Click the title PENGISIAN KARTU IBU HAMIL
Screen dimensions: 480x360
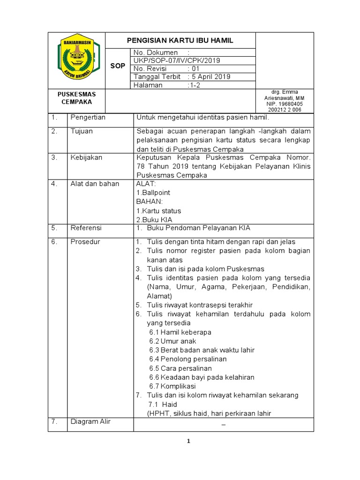coord(180,41)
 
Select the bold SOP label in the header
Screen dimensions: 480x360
coord(118,66)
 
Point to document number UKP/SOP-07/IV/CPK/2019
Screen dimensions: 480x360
coord(177,60)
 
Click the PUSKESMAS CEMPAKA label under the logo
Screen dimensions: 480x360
coord(76,98)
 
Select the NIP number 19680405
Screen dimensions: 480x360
coord(285,104)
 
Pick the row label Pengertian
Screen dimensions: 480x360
coord(88,117)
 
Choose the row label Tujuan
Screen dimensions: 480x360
coord(82,131)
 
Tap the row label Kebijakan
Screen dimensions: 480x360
coord(86,157)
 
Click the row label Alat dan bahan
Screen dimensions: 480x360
coord(95,184)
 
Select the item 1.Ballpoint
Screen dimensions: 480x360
coord(153,193)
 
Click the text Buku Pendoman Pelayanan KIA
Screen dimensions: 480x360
coord(199,228)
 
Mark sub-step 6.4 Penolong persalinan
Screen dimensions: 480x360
coord(187,359)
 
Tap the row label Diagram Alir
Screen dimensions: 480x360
coord(90,421)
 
